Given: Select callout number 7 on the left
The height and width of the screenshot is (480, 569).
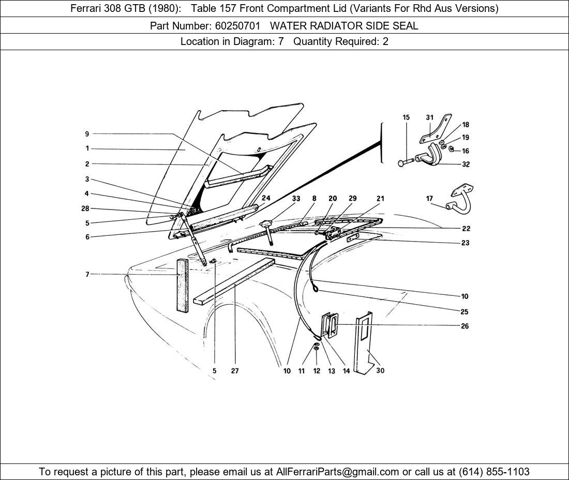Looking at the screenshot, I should pos(87,274).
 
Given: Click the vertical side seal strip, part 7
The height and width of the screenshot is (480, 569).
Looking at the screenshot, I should pos(182,285).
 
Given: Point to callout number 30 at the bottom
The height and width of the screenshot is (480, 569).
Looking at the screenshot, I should pos(381,370).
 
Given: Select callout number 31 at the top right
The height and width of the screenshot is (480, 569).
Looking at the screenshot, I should pos(429,117).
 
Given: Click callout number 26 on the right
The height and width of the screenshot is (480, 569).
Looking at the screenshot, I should pos(465,326).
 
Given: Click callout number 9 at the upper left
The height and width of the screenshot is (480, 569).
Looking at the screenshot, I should pos(87,133).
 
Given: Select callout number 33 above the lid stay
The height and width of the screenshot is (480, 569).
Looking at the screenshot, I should pos(295,198).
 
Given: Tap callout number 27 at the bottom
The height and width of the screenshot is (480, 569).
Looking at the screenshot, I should pos(235,370).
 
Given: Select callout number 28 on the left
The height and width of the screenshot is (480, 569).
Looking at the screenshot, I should pos(85,208).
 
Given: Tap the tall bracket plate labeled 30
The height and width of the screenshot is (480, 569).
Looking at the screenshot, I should pos(364,341).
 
